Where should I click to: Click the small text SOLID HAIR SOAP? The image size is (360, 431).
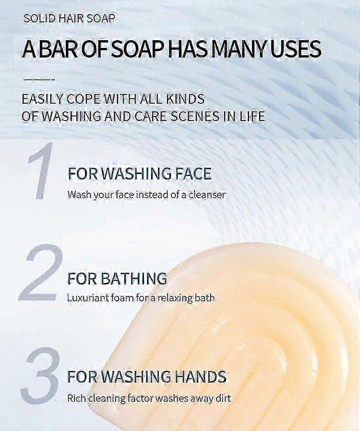tap(69, 19)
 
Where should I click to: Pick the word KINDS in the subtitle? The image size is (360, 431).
tap(184, 99)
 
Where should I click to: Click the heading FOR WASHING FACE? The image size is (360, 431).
tap(139, 174)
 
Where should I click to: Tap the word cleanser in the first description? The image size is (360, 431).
tap(205, 194)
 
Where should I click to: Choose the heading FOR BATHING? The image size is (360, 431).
tap(117, 278)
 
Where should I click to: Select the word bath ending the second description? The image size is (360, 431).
tap(206, 298)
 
